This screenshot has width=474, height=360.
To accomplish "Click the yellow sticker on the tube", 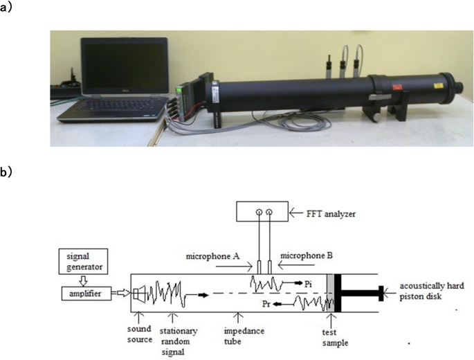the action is point(437,85).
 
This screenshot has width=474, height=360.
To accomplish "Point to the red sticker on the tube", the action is point(396,87).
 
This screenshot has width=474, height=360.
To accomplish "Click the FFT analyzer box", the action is point(262,211).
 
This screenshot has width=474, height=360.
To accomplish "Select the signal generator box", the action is point(84,262).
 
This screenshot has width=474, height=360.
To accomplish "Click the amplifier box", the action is point(86,294).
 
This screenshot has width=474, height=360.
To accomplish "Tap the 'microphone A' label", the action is point(213,257).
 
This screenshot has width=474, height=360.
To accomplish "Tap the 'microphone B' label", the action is point(307,256).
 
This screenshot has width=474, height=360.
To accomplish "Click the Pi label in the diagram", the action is point(308,284).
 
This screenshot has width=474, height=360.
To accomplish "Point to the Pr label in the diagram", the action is point(266,304).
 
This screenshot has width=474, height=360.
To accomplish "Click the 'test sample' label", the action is point(335,338).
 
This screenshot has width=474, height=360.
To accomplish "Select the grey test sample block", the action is point(330,293).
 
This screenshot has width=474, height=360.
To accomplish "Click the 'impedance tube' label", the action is point(244,336).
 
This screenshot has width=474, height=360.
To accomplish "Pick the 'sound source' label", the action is point(139,334).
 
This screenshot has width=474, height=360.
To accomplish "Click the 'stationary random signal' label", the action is point(179,341).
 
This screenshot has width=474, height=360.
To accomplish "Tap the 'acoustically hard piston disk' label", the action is point(432,291).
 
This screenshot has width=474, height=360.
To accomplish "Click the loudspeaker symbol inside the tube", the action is point(139,293).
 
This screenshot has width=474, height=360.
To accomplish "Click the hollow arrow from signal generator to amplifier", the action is point(84,280).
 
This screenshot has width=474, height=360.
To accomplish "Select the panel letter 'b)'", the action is point(6,172).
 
